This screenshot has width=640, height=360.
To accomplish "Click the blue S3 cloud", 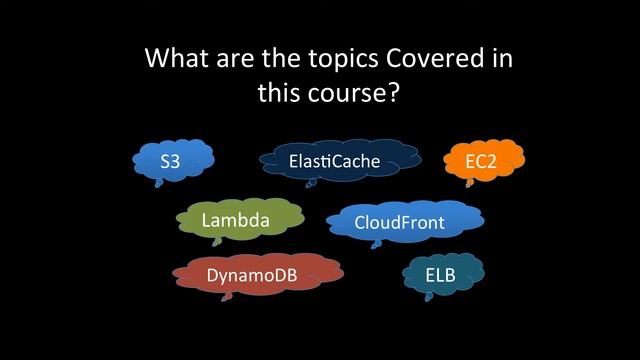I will (173, 160).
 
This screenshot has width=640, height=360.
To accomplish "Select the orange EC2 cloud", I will (481, 161).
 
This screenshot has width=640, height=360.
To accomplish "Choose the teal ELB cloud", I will (441, 273).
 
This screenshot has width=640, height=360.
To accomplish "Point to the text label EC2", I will (481, 161).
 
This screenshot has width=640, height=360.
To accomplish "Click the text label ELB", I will (440, 273).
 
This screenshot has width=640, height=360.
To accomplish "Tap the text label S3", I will (171, 161).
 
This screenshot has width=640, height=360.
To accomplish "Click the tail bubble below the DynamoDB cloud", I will (226, 295).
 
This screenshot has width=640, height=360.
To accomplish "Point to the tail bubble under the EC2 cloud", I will (469, 183).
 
